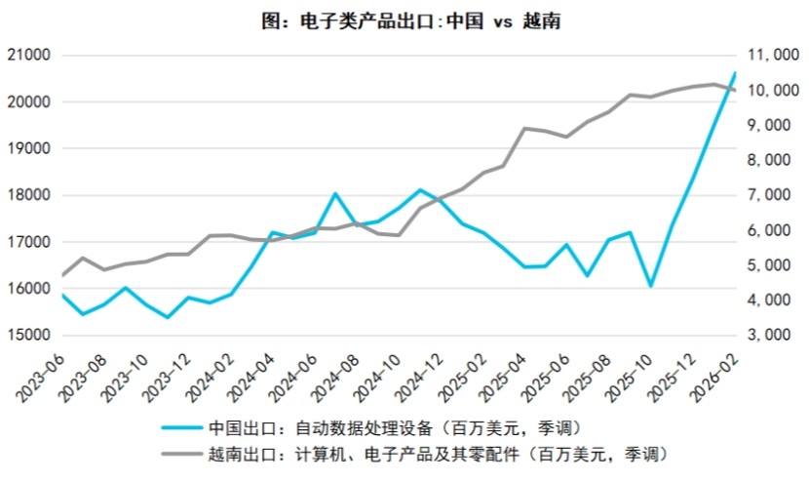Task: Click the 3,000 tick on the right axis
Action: pos(774,335)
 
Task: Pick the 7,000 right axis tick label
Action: pos(774,195)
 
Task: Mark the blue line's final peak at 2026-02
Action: pos(735,73)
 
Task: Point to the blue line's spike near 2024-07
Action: pos(335,193)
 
